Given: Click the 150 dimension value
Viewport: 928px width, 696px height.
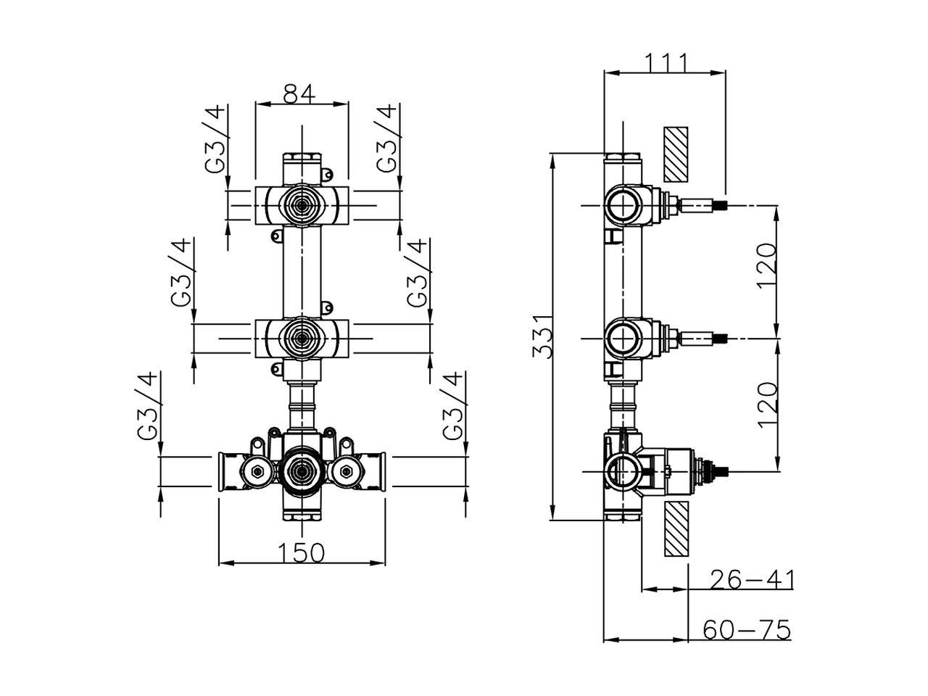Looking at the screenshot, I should click(301, 553).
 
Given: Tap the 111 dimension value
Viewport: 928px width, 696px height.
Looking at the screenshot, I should click(666, 62).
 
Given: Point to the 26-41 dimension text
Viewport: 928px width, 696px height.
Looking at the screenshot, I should click(752, 580).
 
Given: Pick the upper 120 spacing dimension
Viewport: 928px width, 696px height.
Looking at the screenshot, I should click(767, 265).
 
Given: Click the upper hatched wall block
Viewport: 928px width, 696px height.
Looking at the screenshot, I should click(676, 155).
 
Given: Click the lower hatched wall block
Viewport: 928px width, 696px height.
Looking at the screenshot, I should click(676, 529).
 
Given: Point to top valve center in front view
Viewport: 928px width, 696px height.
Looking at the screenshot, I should click(302, 206).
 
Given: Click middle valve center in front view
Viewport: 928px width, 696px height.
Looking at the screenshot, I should click(302, 338).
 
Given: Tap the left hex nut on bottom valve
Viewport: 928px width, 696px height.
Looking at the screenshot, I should click(255, 473).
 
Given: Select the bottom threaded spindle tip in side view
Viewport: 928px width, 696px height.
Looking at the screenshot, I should click(721, 472).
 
